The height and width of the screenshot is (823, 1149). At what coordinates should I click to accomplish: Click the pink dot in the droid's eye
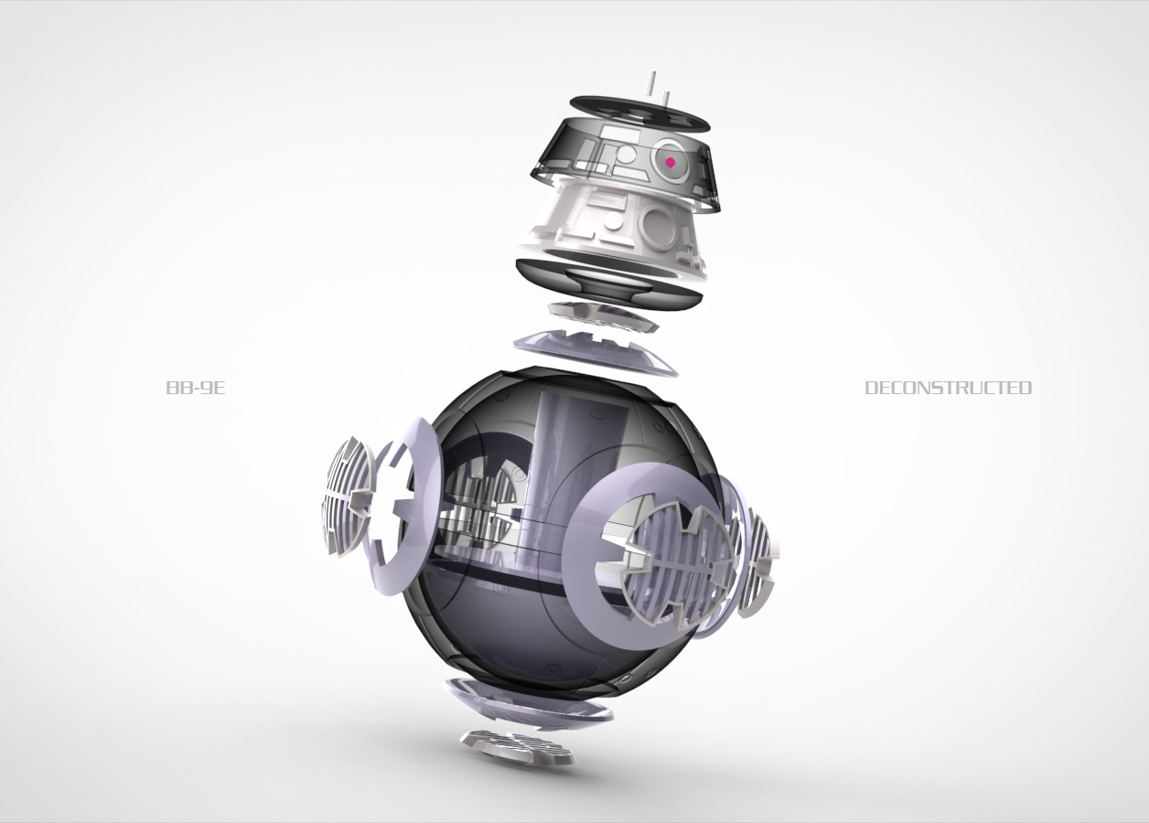pos(670,162)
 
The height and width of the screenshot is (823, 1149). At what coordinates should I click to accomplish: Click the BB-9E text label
pos(196,388)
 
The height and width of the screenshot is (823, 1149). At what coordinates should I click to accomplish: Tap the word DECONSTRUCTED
pos(949,388)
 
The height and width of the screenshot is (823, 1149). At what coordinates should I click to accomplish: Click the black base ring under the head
pos(608,282)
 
